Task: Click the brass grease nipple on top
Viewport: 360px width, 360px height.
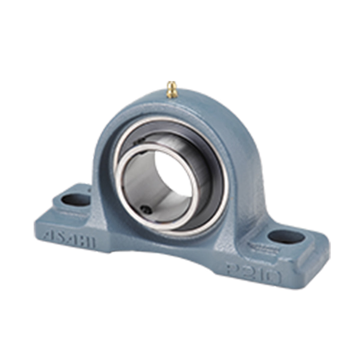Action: [172, 89]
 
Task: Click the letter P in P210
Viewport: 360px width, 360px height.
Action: [233, 267]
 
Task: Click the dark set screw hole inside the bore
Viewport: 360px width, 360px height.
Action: [145, 209]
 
